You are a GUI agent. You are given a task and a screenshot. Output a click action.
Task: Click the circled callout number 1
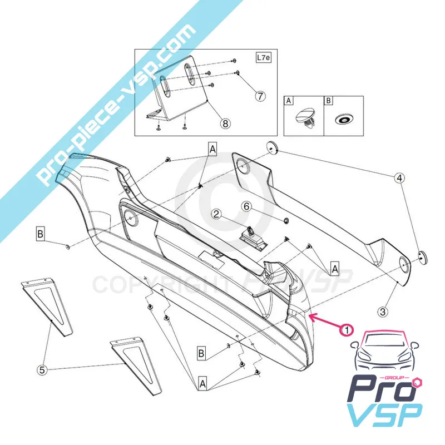coord(346,330)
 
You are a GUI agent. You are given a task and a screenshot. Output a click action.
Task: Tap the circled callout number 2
coord(216,214)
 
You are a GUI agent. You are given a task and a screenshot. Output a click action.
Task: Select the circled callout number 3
coord(383,313)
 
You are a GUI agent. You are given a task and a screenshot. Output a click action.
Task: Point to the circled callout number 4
coord(399,179)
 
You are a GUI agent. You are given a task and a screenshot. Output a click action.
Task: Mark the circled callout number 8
coord(225,124)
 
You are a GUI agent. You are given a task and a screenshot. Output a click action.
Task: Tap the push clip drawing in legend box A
coord(304,118)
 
